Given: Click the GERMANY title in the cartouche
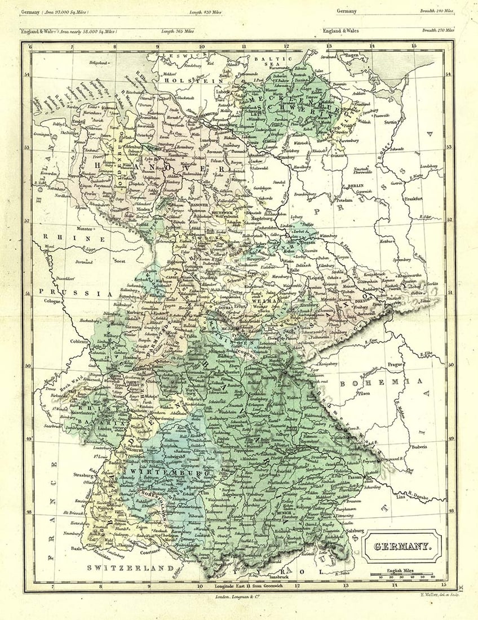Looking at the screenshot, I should [x=401, y=546].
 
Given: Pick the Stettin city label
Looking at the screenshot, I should [x=391, y=122].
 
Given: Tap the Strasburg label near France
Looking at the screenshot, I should [x=82, y=475].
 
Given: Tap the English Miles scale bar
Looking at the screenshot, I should [x=401, y=575].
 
